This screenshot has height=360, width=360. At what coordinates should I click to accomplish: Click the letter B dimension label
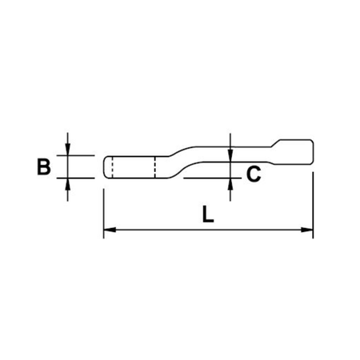(44, 167)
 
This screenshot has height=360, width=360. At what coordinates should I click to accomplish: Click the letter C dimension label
(254, 174)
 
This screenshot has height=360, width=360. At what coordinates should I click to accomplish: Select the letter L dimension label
(208, 214)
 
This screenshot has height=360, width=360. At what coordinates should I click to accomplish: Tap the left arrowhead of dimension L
(110, 230)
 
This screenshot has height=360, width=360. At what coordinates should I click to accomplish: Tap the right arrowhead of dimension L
(307, 230)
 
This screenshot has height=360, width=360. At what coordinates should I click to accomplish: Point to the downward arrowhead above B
(68, 150)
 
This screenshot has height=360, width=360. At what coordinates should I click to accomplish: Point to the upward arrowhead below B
(68, 184)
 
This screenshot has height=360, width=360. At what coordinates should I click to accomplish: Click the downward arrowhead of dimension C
(230, 155)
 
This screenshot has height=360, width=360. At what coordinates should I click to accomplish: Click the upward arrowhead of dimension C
(230, 184)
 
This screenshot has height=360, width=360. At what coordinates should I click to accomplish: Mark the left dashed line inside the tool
(112, 167)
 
